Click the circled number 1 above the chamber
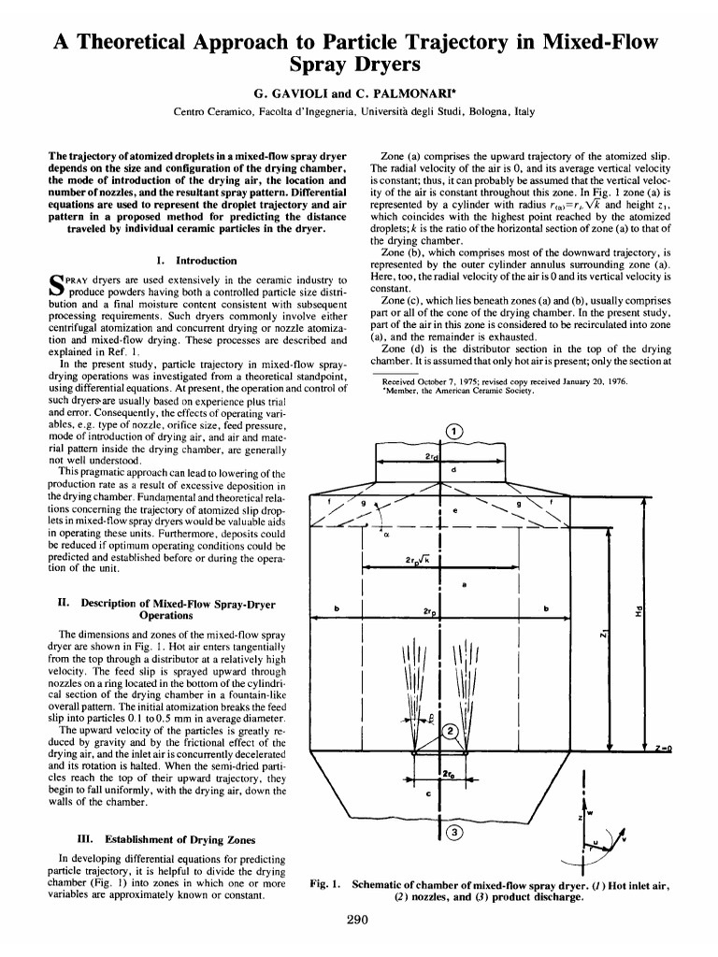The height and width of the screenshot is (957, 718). coord(453,431)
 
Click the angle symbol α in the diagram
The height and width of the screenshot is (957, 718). coord(384,536)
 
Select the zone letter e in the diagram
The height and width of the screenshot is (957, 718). coord(454,511)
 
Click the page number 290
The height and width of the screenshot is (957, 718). coord(358,920)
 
